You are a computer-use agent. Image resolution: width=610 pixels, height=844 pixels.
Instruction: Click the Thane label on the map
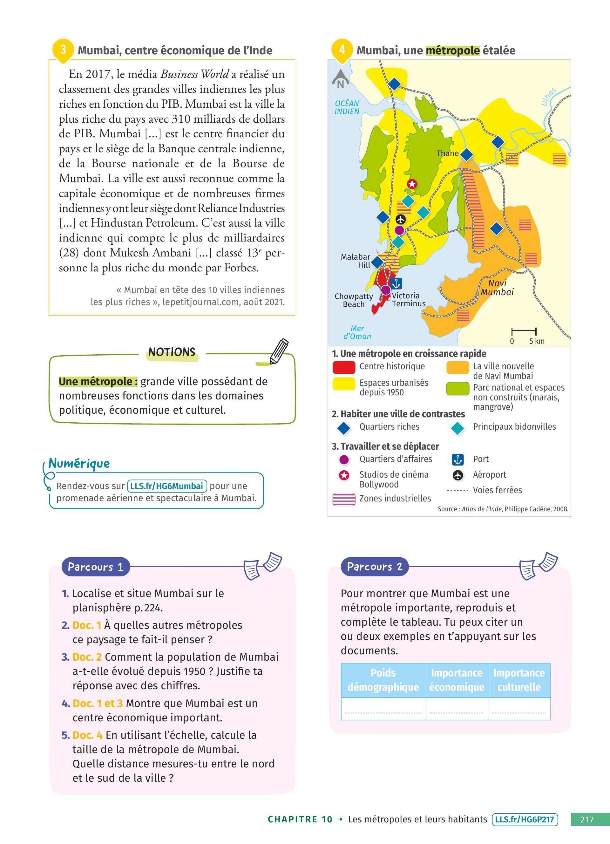pos(447,153)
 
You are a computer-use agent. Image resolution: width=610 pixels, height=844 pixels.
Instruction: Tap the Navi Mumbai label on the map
pos(497,288)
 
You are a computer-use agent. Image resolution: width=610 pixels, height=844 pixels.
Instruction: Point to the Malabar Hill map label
pos(356,261)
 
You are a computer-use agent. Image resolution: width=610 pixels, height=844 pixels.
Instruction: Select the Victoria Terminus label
pos(408,300)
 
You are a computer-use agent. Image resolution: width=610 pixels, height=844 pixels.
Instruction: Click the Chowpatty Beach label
pos(354,300)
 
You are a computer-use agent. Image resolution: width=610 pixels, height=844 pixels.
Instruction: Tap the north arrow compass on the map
pos(340,79)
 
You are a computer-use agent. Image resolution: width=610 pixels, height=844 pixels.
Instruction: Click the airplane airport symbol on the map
pos(401,219)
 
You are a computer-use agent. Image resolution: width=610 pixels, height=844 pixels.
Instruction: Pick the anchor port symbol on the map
pos(396,283)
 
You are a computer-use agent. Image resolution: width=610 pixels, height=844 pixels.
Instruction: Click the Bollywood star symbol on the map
pos(412,184)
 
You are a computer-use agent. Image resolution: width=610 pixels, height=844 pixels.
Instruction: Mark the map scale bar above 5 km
pos(524,331)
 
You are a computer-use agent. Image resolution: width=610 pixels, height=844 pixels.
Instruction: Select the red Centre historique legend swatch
pos(344,367)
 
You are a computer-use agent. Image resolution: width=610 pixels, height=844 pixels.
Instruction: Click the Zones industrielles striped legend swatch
pos(344,499)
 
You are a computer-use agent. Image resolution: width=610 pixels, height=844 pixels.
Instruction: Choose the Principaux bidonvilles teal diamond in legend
pos(457,428)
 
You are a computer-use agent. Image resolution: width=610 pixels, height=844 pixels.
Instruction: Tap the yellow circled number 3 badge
pos(63,50)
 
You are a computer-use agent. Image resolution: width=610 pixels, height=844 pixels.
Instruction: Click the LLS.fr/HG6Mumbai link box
pos(166,486)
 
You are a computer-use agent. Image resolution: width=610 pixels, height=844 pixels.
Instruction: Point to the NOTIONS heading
pos(172,352)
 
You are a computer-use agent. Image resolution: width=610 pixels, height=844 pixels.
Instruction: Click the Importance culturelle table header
pos(519,680)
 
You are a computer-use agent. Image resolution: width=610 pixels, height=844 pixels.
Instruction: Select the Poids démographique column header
pos(383,680)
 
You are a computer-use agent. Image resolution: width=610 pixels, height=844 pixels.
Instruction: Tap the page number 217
pos(587,819)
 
